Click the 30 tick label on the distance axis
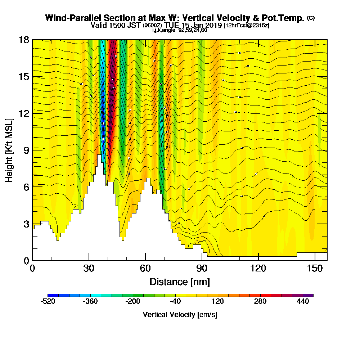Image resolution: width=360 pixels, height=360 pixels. (89, 268)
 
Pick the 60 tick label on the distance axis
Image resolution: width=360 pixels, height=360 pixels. (145, 268)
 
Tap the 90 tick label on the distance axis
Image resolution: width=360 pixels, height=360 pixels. (202, 268)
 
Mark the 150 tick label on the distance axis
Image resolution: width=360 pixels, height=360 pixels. (315, 268)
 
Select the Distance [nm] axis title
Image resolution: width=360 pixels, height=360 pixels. (180, 282)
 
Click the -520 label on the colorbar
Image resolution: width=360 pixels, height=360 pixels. (48, 302)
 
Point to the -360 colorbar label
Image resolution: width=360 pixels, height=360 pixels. (90, 302)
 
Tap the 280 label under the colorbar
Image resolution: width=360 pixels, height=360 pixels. (261, 302)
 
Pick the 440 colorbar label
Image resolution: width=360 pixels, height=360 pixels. (303, 302)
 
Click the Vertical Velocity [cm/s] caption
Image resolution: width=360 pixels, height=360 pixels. (180, 315)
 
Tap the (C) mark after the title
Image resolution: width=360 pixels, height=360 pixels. (311, 18)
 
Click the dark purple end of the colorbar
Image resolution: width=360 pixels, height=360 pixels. (311, 295)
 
